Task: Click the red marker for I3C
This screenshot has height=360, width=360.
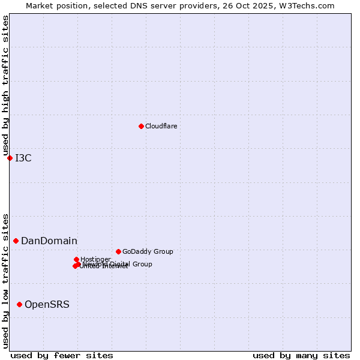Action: (10, 158)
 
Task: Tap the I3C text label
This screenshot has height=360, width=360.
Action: (23, 158)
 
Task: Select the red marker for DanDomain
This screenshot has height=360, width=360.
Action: (16, 241)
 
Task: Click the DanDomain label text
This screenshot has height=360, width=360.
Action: (49, 241)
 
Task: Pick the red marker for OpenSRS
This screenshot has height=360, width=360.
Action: (19, 304)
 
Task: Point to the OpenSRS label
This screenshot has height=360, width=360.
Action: (47, 305)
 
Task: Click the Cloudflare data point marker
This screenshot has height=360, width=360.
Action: (141, 126)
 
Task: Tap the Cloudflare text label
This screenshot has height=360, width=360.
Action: (161, 127)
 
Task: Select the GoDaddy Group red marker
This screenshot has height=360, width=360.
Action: (118, 251)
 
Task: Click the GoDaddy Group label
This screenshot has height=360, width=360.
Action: (148, 252)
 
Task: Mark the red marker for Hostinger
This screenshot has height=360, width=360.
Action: (76, 259)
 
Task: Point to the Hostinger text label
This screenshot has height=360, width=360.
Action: (95, 260)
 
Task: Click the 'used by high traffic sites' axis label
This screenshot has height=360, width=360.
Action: (5, 86)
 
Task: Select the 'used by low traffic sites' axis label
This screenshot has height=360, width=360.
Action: (5, 280)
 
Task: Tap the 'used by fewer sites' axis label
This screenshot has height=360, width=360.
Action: (62, 355)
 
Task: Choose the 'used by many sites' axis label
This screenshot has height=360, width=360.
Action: (301, 355)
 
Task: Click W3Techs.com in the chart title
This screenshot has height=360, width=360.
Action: (310, 5)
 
